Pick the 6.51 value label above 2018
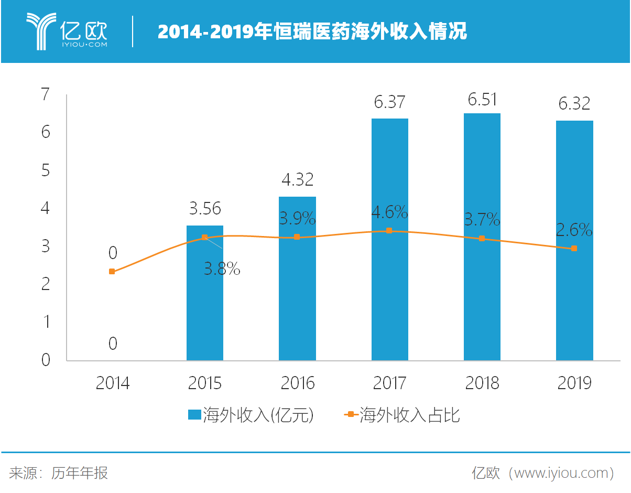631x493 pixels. coord(482,100)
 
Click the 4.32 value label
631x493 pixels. coord(297,179)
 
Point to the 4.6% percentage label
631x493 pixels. coord(389,212)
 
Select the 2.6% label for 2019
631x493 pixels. coord(574,230)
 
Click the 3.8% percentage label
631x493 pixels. coord(222,270)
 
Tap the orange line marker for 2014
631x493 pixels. coord(112,271)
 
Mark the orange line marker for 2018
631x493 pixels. coord(482,239)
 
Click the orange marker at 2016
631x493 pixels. coord(297,237)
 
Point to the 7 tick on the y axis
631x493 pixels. coord(46,95)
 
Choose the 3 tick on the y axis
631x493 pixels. coord(46,246)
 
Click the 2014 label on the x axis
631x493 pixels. coord(112,383)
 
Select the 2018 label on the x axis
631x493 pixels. coord(482,383)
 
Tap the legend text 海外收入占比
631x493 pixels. coord(410,415)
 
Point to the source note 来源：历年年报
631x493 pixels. coord(59,473)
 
